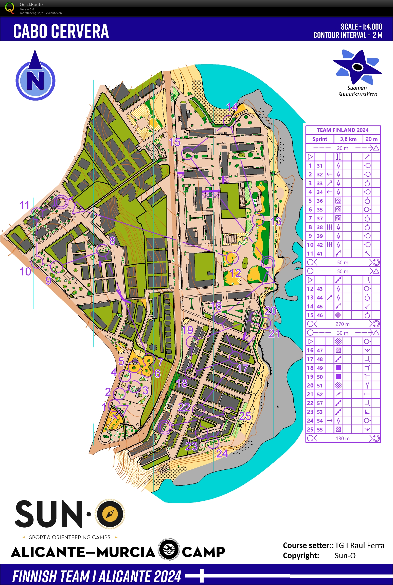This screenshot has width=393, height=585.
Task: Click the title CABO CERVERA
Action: point(61,31)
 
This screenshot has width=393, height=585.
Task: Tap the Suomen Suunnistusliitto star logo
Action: point(357,67)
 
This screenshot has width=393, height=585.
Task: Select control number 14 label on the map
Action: point(232,107)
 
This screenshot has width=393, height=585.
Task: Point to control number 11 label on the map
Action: point(25,205)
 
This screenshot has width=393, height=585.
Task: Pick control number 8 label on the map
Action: point(113,241)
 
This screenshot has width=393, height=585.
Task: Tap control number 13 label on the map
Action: point(276,222)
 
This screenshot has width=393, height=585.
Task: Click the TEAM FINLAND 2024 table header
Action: point(343,130)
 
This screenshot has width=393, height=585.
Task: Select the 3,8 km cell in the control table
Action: point(348,139)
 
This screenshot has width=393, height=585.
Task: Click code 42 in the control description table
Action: point(320,245)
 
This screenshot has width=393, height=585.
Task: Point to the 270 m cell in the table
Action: point(343,324)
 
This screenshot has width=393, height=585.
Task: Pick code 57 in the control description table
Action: point(320,403)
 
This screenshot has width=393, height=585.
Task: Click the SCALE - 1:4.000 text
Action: point(361,27)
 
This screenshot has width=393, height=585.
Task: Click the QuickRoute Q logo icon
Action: point(10,8)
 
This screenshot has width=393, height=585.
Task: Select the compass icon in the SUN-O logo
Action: point(110,514)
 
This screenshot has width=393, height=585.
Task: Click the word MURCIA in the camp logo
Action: point(126,552)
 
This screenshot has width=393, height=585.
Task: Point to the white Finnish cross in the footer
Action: point(202,576)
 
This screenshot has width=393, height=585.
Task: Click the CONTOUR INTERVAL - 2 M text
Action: point(348,35)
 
